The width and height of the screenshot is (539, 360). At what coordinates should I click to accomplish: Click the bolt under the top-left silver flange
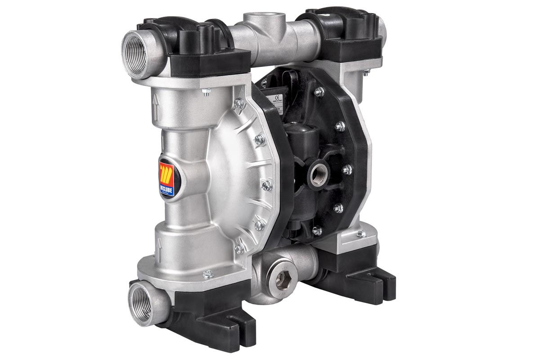[206, 93]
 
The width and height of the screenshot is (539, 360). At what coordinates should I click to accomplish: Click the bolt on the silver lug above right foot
[359, 234]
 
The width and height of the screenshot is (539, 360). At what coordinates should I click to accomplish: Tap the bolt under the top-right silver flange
[366, 71]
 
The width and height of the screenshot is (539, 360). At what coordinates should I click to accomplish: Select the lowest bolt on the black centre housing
[317, 231]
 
